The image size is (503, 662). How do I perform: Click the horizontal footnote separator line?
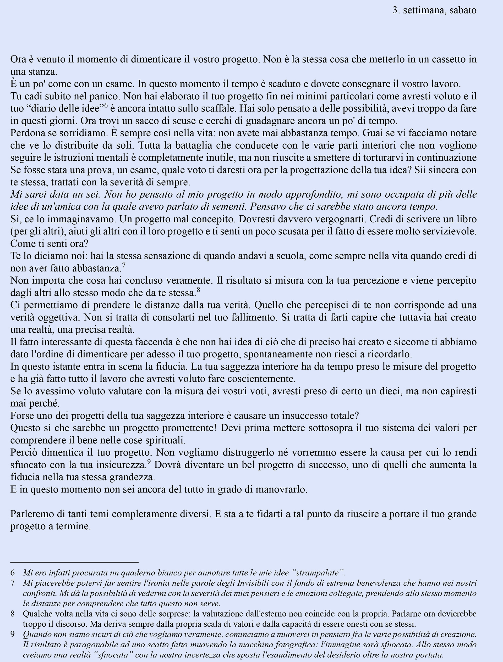74,562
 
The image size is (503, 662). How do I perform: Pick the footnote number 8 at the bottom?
13,614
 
